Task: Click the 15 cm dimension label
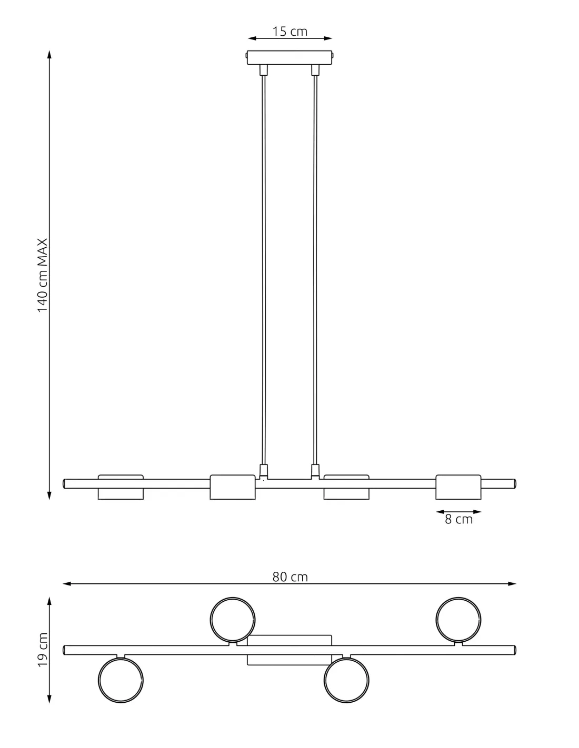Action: (x=289, y=32)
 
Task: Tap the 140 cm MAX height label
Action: (x=42, y=275)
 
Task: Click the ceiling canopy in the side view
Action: (x=289, y=57)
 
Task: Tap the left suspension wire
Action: (x=264, y=268)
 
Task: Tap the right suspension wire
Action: (x=315, y=268)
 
